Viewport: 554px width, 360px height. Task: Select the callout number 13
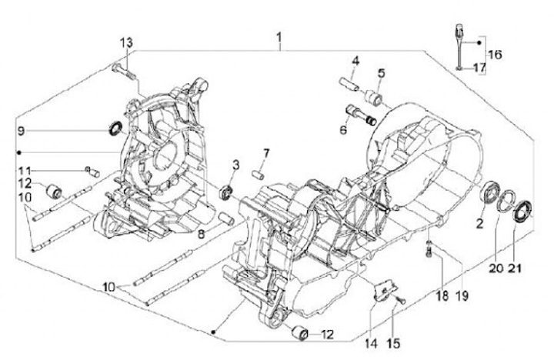[125, 42]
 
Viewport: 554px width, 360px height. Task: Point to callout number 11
[25, 168]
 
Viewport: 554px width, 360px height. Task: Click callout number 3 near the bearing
[236, 164]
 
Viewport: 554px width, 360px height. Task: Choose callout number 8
[199, 232]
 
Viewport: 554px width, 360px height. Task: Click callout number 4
[355, 61]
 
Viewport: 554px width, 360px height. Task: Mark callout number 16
[494, 54]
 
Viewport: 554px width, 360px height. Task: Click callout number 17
[479, 68]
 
